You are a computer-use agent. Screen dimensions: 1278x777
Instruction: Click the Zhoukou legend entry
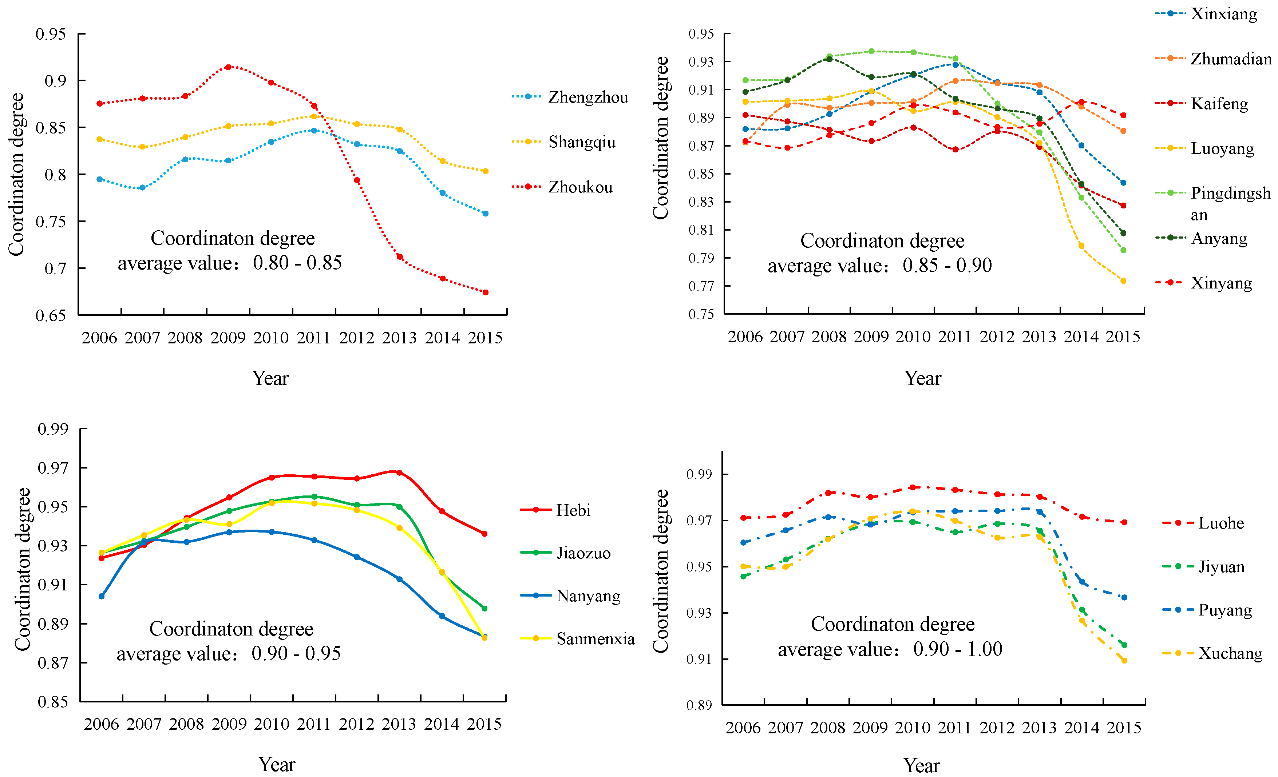562,187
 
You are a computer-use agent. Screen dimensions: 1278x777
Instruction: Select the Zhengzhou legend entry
570,97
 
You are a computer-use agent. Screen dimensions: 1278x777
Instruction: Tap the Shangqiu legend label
582,142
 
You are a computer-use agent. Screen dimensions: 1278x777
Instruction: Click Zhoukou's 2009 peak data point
228,67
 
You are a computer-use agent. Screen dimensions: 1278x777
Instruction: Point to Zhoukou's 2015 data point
486,292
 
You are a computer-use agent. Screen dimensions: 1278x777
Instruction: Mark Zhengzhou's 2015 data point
486,214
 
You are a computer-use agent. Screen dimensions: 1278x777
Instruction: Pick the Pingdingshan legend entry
1212,203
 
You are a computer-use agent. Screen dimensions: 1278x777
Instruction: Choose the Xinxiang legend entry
1206,13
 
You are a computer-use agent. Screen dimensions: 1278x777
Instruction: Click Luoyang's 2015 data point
1123,281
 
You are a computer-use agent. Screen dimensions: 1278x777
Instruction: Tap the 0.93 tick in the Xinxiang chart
701,62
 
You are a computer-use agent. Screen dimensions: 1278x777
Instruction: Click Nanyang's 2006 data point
102,597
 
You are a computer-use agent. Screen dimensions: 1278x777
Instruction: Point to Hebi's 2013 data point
399,473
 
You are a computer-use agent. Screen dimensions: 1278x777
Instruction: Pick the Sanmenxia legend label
596,639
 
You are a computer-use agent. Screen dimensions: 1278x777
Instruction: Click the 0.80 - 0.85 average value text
297,263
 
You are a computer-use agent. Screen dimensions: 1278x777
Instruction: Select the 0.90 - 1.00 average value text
957,649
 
